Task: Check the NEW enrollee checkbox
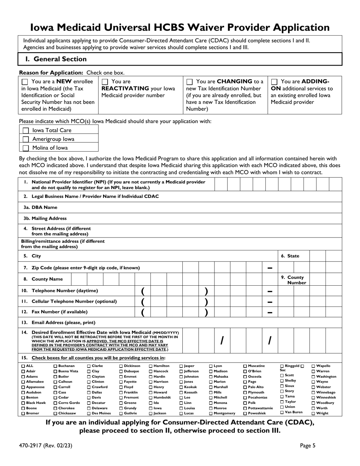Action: pos(25,81)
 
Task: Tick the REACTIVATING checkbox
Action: pos(105,81)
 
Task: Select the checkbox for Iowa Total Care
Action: pos(25,130)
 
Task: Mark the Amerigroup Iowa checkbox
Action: pos(25,139)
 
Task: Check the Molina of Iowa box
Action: pos(25,148)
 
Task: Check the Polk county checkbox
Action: pos(245,403)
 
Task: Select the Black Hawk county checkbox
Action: pos(23,403)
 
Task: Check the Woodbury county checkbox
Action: pos(313,403)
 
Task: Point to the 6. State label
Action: pos(290,256)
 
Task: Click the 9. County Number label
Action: pos(295,280)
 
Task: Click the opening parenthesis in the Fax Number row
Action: pos(143,313)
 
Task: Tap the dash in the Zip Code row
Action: pos(270,268)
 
